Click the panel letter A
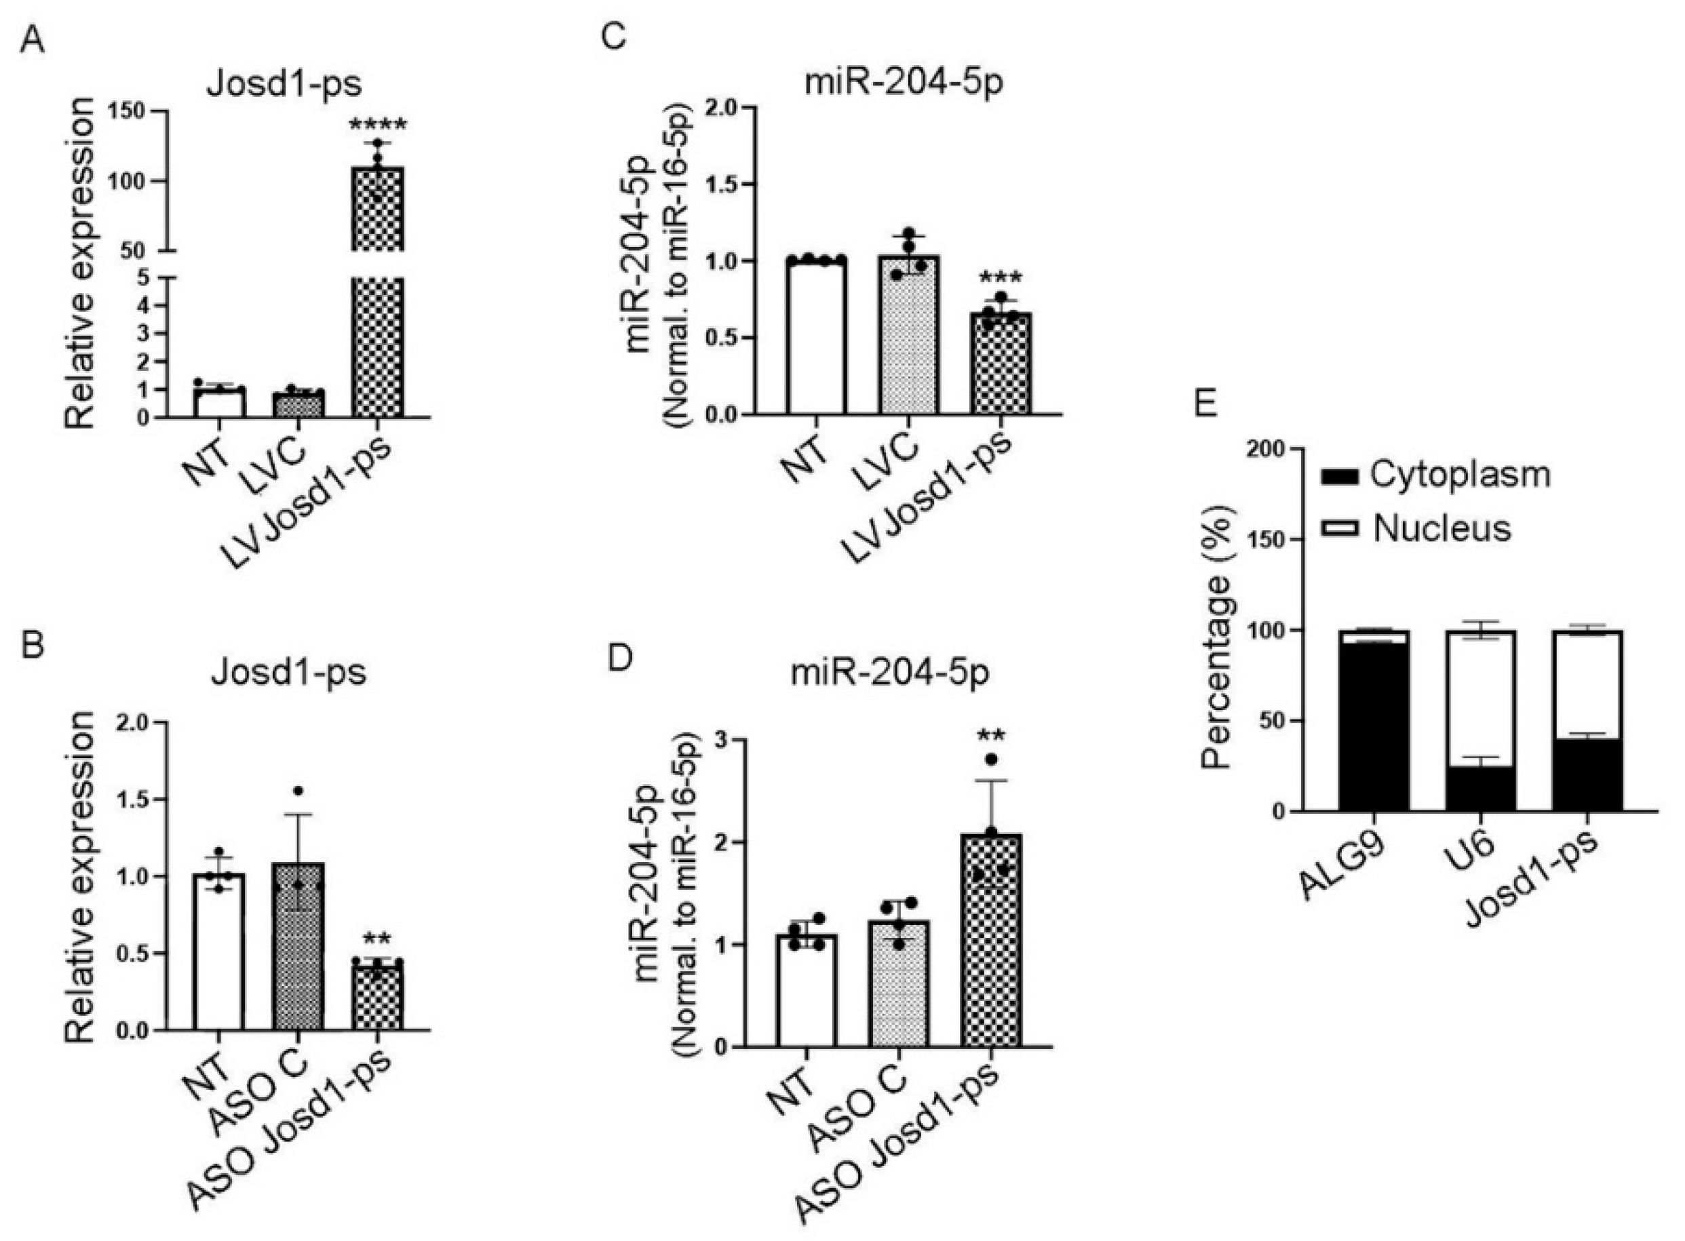[32, 42]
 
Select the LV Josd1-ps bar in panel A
[379, 338]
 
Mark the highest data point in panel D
[991, 760]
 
